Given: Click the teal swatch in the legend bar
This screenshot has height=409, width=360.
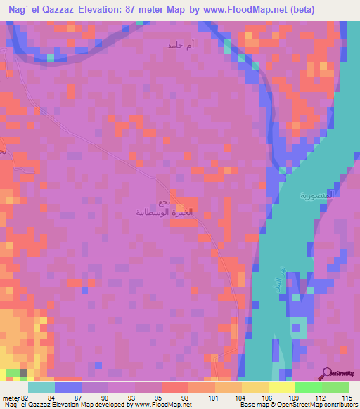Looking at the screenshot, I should pyautogui.click(x=41, y=387).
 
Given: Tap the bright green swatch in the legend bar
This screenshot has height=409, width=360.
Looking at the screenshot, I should pyautogui.click(x=308, y=387).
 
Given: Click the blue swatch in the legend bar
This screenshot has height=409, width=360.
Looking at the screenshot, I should pyautogui.click(x=68, y=387).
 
